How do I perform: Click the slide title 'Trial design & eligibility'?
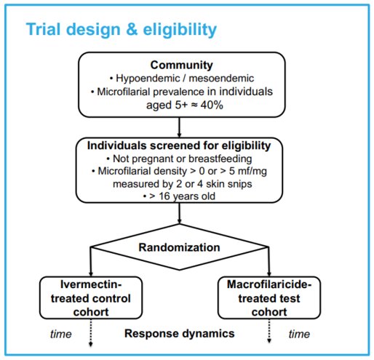pos(122,30)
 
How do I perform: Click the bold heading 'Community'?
pos(182,65)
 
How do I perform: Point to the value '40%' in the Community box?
pos(212,105)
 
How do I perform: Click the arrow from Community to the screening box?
pos(179,127)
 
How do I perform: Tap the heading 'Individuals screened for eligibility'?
pos(179,145)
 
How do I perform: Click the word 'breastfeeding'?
pos(220,159)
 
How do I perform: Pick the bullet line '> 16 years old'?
pos(179,196)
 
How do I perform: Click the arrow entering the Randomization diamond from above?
pos(179,213)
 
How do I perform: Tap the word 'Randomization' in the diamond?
pos(179,247)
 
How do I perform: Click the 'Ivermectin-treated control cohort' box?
pos(91,297)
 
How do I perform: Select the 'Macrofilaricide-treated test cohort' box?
pos(269,297)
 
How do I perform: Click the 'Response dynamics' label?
pos(180,333)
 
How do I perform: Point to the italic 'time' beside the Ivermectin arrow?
pos(61,334)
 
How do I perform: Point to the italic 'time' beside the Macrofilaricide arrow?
pos(299,334)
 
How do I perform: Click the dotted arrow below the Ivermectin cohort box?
pos(91,333)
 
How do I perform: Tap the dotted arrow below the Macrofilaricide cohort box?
pos(269,331)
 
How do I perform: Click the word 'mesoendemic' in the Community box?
pos(221,79)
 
